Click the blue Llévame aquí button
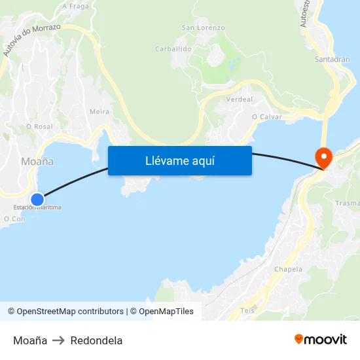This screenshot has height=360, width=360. point(179,160)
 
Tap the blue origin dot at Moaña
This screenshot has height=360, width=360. point(37,199)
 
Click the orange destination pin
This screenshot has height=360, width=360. point(323,156)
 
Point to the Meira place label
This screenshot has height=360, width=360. point(99,112)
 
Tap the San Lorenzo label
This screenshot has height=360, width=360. point(203,28)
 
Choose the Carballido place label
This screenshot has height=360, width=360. point(173,49)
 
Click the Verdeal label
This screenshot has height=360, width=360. point(238,99)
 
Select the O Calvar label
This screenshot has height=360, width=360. point(266,117)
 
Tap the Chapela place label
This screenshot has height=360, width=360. point(288,269)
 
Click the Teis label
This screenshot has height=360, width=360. point(247,310)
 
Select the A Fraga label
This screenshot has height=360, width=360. point(76,6)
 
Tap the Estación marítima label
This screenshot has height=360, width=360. point(37,207)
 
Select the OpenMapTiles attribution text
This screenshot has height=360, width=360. point(166,312)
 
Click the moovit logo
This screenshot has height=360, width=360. point(320,340)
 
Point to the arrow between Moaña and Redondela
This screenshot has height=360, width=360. point(59,340)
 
